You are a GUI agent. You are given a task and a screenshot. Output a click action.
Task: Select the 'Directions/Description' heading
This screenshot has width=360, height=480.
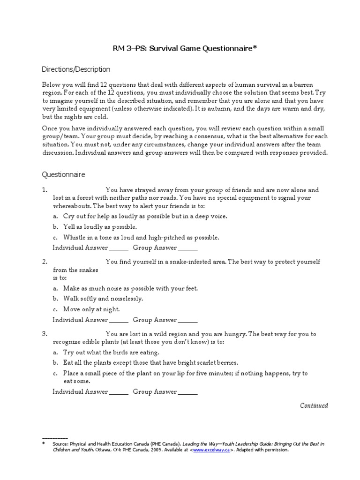click(76, 69)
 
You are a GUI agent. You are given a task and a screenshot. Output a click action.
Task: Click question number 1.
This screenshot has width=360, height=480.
click(45, 190)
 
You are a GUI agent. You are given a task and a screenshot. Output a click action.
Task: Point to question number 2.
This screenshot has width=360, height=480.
click(45, 262)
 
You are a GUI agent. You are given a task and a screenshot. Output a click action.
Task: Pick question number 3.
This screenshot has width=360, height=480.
click(45, 334)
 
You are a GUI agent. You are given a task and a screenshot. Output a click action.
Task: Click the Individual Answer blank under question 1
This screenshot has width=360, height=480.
click(119, 248)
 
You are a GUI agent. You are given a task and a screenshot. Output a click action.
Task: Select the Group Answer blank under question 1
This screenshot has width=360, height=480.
click(188, 248)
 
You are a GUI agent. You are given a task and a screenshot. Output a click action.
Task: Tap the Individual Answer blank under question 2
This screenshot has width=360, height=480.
click(119, 321)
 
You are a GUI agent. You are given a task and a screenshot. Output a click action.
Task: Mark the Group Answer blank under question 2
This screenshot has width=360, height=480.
click(188, 321)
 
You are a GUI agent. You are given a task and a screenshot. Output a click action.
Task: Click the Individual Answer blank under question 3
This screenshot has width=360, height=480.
click(119, 392)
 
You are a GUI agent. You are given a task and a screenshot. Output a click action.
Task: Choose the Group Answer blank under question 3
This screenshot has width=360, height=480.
click(188, 392)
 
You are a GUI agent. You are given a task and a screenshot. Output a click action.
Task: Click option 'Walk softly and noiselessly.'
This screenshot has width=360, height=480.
click(103, 299)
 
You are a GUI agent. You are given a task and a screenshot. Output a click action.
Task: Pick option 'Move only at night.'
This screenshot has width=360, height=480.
click(92, 309)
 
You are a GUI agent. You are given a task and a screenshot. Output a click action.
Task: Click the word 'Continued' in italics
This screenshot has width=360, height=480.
click(314, 405)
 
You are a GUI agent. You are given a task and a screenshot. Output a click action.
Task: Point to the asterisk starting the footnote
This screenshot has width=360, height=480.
click(44, 443)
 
